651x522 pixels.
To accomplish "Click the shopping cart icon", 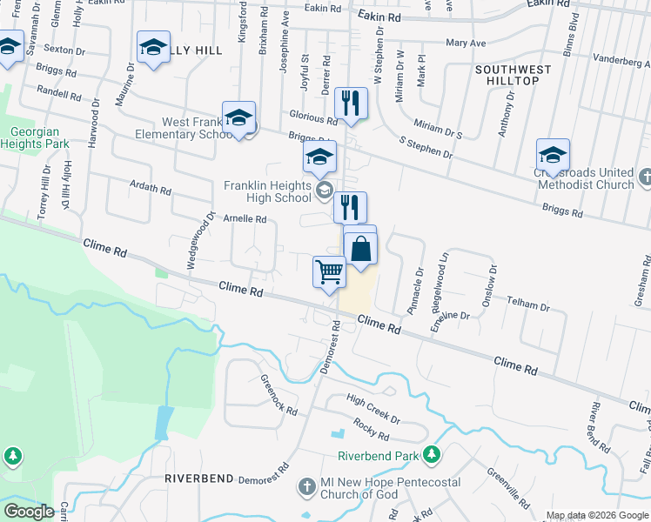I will (329, 272).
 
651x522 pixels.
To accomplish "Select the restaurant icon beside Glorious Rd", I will (352, 104).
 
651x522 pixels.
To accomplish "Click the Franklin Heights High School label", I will (267, 191).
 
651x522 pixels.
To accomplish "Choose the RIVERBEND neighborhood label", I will (199, 478).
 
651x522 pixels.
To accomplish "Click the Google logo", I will (29, 512).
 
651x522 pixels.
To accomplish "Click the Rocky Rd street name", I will (371, 428).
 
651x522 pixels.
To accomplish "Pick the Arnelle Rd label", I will (245, 219).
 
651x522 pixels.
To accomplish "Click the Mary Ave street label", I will (465, 42).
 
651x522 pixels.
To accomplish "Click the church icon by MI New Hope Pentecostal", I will (305, 487).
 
